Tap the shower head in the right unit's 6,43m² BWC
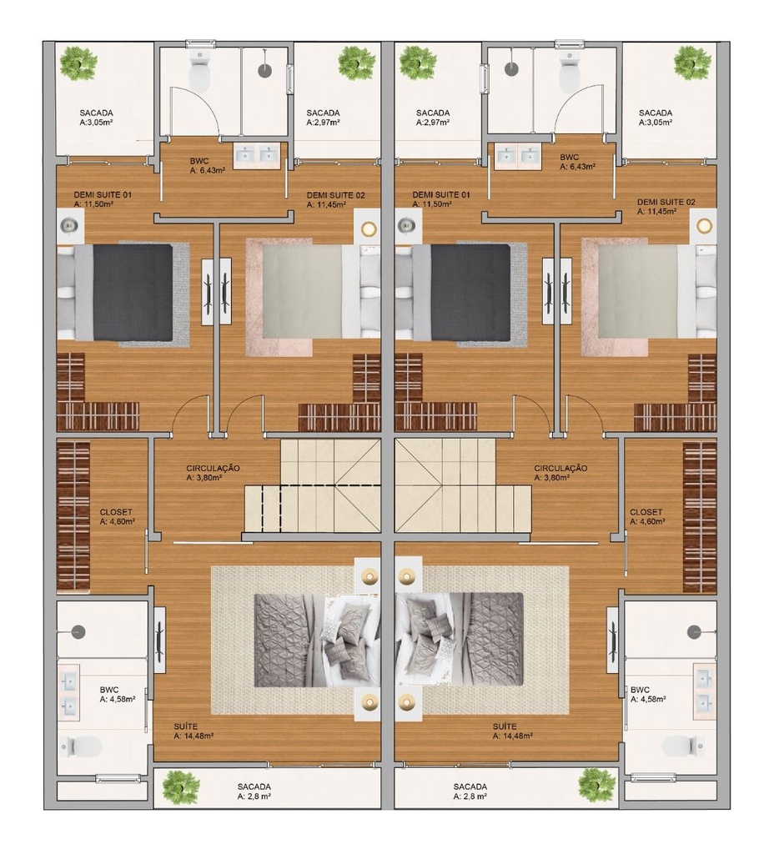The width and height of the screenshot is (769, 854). tap(510, 68)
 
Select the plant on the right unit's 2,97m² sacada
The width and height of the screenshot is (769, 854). tap(418, 62)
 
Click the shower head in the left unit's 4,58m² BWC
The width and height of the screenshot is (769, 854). tap(79, 632)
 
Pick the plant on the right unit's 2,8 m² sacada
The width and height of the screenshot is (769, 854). tap(596, 785)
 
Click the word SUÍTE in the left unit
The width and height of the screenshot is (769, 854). tap(186, 726)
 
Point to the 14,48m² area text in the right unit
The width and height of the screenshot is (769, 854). tap(512, 736)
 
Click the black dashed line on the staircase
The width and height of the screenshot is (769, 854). tap(263, 509)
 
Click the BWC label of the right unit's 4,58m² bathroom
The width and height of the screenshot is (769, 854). tap(641, 690)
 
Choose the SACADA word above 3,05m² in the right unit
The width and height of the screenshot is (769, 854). tap(656, 113)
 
